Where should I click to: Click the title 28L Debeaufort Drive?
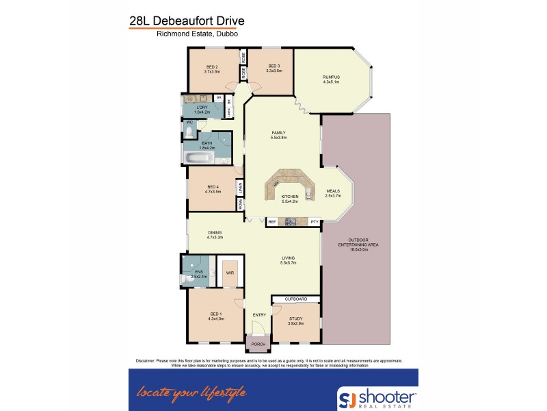point(187,21)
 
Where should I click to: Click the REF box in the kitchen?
point(271,221)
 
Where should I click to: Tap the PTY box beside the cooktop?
point(314,221)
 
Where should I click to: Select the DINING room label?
point(215,234)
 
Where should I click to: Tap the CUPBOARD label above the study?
point(295,299)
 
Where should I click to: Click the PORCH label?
point(258,344)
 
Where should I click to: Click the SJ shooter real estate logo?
point(377,397)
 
